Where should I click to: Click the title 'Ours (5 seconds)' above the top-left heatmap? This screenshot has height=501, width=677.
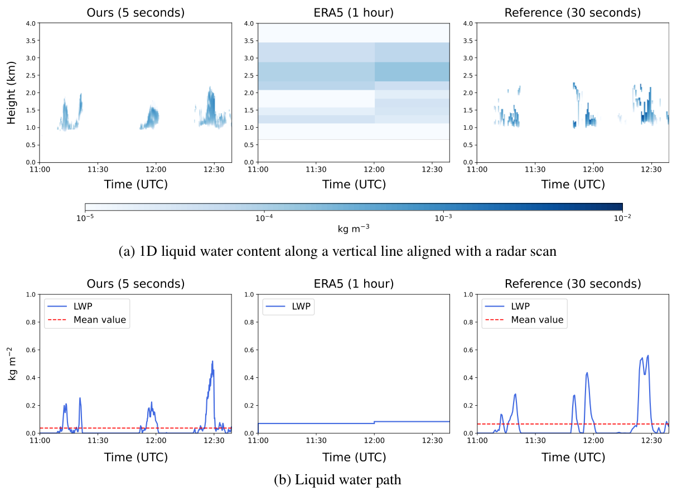click(x=136, y=12)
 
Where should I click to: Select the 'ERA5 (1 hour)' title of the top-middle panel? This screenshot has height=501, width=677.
click(x=354, y=12)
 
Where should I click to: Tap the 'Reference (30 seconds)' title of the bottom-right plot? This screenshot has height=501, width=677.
click(x=572, y=284)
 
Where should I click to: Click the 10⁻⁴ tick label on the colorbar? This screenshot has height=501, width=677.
click(x=264, y=218)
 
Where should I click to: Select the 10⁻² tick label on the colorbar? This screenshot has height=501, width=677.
click(x=622, y=218)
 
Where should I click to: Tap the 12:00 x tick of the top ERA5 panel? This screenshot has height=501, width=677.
click(x=374, y=169)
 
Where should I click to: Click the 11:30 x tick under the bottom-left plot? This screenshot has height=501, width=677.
click(x=98, y=440)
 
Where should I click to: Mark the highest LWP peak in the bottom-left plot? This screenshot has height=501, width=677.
click(x=212, y=361)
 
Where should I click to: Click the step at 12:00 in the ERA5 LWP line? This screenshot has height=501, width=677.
click(x=374, y=422)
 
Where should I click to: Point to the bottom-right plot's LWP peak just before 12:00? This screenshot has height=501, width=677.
click(x=587, y=373)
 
